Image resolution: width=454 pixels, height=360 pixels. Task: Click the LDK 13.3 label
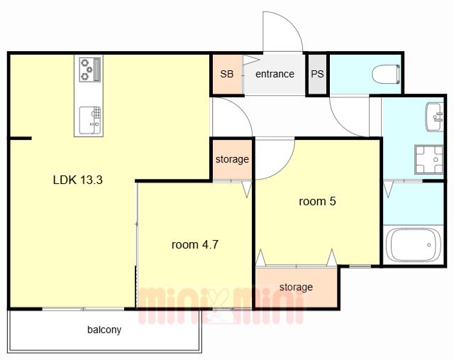click(x=78, y=180)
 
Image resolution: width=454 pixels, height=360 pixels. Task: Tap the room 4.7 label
click(x=195, y=245)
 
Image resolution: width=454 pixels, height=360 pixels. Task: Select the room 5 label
click(x=317, y=201)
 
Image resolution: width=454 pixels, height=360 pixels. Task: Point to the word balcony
click(x=104, y=329)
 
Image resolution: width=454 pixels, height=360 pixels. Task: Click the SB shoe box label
click(x=227, y=74)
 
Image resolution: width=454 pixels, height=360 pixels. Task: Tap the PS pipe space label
click(x=317, y=74)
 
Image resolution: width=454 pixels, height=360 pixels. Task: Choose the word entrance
click(x=275, y=74)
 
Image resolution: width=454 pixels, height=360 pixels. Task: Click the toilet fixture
click(x=386, y=74)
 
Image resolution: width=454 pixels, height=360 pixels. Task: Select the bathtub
click(x=413, y=245)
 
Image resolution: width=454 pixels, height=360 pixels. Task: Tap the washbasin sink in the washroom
click(x=435, y=117)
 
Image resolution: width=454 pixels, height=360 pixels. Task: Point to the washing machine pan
click(x=428, y=160)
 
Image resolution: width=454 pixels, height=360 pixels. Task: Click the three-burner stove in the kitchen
click(x=90, y=70)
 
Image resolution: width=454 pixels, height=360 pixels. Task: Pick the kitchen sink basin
click(x=90, y=121)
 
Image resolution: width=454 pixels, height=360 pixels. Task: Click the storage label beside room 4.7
click(x=232, y=159)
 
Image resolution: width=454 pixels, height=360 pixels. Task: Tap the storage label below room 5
click(x=296, y=287)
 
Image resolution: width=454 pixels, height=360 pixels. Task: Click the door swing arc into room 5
click(x=284, y=169)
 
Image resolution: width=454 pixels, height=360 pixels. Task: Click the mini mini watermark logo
click(x=221, y=305)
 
